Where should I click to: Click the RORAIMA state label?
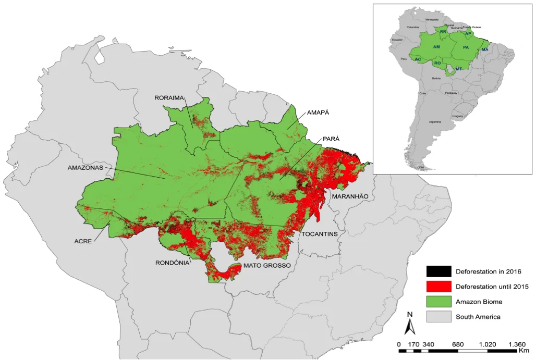pyautogui.click(x=170, y=97)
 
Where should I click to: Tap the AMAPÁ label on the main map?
pyautogui.click(x=318, y=113)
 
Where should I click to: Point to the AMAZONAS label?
pyautogui.click(x=86, y=168)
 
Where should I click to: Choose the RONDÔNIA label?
pyautogui.click(x=172, y=263)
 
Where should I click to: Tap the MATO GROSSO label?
pyautogui.click(x=267, y=265)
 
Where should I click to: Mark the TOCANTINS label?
pyautogui.click(x=320, y=234)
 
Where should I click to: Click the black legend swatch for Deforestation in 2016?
pyautogui.click(x=438, y=271)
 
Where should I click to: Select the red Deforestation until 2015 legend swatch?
pyautogui.click(x=438, y=287)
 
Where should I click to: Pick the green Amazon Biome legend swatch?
pyautogui.click(x=438, y=302)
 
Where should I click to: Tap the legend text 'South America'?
pyautogui.click(x=478, y=317)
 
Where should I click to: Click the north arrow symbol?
pyautogui.click(x=410, y=325)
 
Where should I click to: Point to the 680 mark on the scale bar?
pyautogui.click(x=458, y=344)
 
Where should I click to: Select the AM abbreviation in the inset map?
pyautogui.click(x=437, y=47)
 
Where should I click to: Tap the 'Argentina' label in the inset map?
pyautogui.click(x=435, y=121)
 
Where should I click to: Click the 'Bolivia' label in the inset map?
pyautogui.click(x=436, y=78)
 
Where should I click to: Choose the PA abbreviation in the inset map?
pyautogui.click(x=466, y=47)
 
